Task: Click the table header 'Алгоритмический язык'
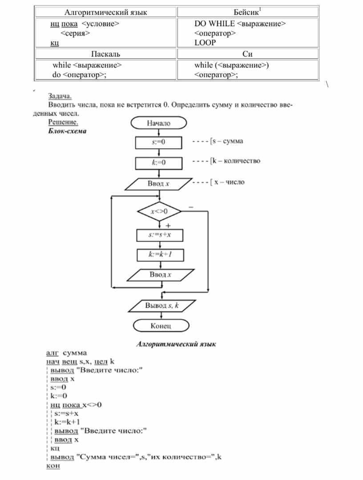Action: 105,12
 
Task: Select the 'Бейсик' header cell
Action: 247,12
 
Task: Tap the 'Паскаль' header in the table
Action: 105,54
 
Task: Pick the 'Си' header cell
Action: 248,54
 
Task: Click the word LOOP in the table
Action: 205,43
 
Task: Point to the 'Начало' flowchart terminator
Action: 159,123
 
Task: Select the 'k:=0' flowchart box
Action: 159,163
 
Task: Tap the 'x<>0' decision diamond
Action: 159,211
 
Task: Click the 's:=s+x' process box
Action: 160,234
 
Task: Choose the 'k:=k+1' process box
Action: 160,254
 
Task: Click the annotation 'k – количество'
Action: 236,161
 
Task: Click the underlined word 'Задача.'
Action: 60,96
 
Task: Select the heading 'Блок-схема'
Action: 67,131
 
